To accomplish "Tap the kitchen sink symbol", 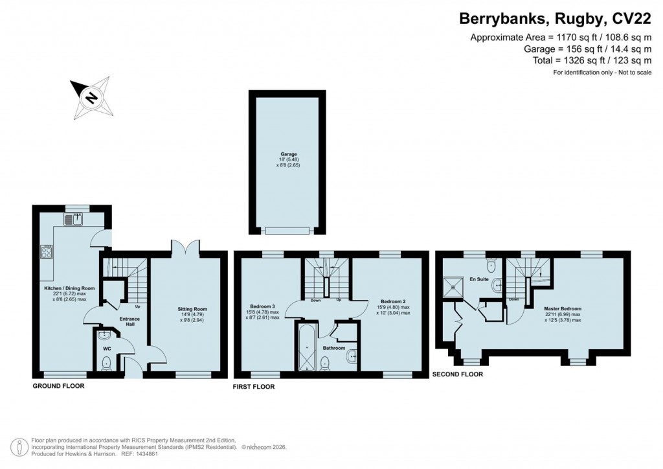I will tap(73, 220).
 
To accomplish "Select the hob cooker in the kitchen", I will tap(46, 251).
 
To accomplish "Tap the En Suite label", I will tap(478, 280).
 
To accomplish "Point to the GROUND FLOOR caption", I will tap(58, 385).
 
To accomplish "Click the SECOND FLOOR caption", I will tap(457, 374).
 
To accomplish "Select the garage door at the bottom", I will tap(286, 231).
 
